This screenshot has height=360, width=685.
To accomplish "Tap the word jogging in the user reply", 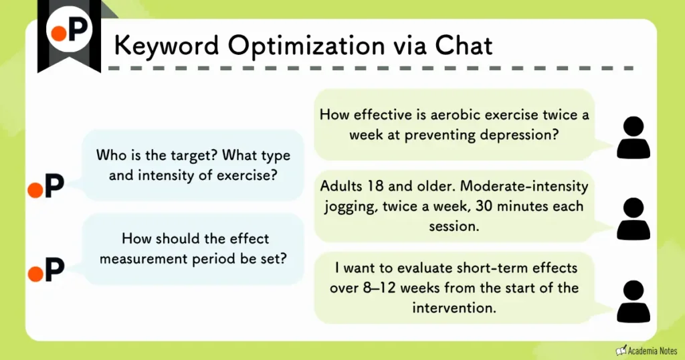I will (x=350, y=206).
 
